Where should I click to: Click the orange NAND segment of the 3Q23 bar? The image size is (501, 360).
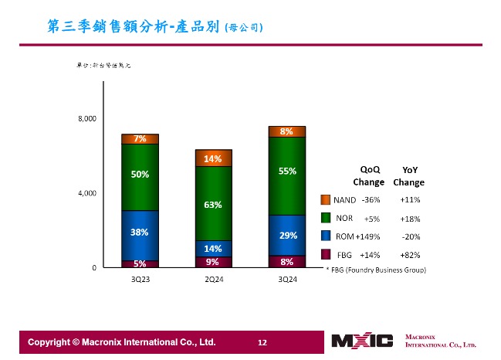[140, 139]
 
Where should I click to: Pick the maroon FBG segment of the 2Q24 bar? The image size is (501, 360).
[213, 262]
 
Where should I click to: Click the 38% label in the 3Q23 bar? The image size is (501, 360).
[140, 232]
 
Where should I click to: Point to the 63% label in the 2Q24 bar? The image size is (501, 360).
[213, 205]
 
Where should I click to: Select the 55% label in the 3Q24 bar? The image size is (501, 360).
[287, 171]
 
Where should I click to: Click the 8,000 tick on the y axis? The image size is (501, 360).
[86, 118]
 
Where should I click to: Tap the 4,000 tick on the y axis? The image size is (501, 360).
[86, 193]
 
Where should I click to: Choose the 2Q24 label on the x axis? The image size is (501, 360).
[214, 279]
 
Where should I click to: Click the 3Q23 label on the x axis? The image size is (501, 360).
[140, 279]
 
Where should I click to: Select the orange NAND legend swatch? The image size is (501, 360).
[326, 200]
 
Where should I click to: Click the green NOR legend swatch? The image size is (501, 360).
[326, 218]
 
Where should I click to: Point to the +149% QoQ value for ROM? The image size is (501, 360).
[367, 236]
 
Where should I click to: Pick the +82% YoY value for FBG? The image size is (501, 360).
[410, 254]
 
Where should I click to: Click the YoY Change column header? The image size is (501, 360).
[408, 176]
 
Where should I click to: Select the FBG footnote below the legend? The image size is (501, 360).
[375, 270]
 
